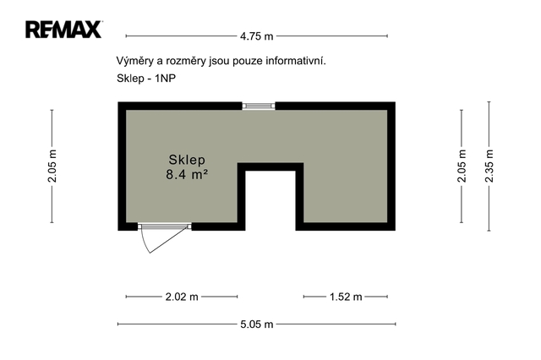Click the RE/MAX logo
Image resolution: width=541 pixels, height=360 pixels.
[64, 30]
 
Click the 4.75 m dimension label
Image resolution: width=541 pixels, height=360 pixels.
[257, 36]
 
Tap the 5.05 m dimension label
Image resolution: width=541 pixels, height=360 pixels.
[257, 325]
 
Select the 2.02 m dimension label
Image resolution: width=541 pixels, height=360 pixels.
[182, 297]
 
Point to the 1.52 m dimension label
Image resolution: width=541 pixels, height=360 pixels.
[346, 297]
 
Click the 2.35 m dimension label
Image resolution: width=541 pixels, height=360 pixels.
[489, 166]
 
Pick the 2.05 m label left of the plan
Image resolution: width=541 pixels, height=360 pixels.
[52, 166]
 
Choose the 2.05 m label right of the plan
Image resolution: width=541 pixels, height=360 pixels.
[462, 166]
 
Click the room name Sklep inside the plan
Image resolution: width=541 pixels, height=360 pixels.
[187, 160]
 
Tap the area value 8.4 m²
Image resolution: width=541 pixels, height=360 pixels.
[187, 174]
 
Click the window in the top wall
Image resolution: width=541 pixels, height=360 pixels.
[259, 106]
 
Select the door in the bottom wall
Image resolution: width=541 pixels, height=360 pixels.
[165, 226]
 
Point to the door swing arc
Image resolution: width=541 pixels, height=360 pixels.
[145, 243]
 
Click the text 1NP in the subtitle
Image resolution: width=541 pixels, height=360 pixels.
[166, 79]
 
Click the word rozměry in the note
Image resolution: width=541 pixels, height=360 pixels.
[186, 62]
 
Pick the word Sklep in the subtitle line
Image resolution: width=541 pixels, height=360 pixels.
[130, 79]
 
